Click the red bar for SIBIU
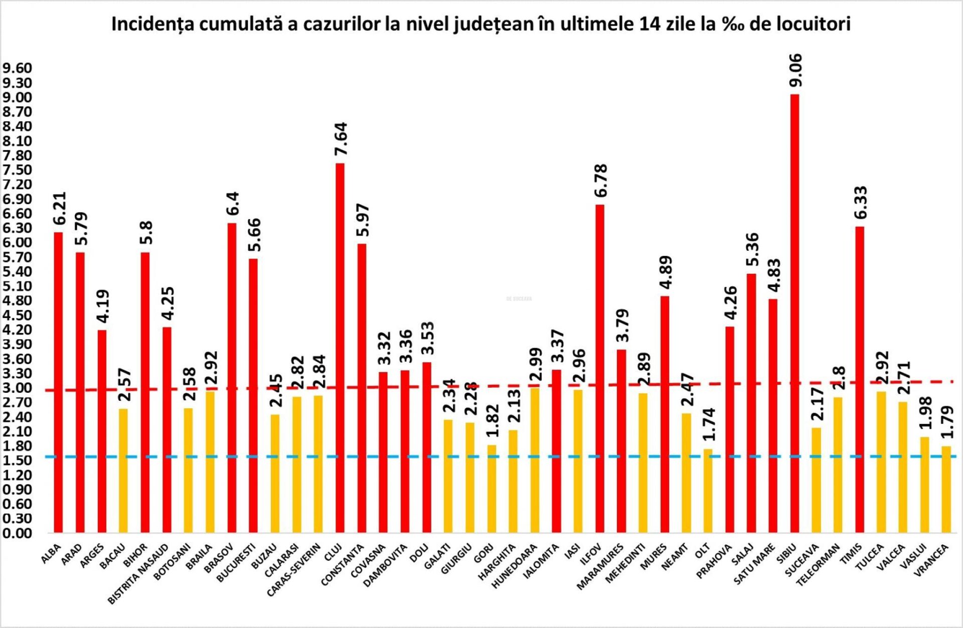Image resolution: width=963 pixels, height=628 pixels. point(794,313)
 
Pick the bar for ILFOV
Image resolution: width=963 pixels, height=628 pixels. point(600,369)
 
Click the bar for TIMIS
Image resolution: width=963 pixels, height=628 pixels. point(860,379)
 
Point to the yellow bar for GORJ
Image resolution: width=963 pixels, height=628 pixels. point(492,489)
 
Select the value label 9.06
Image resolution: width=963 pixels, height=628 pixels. point(795,70)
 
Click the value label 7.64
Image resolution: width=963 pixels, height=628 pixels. point(341,139)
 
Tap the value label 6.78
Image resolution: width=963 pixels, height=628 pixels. point(601,181)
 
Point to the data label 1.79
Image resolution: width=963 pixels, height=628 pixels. point(947,422)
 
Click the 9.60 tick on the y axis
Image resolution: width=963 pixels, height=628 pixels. point(17,68)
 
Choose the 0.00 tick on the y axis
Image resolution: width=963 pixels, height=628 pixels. point(17,533)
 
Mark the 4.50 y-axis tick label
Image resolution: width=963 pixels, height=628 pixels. point(17,316)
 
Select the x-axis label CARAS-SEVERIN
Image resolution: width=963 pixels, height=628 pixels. point(294,570)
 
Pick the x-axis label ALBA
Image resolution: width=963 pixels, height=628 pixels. point(51,554)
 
